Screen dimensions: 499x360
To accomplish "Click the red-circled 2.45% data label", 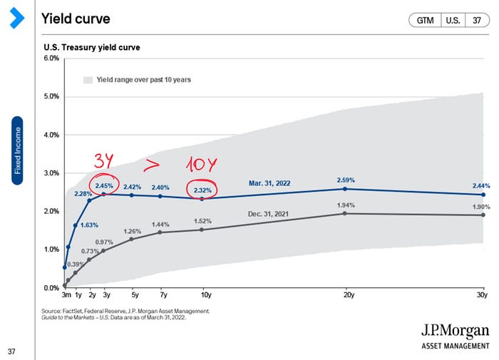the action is coord(104,185).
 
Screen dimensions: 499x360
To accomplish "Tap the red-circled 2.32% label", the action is coord(202,190).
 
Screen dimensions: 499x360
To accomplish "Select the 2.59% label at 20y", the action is coord(346,180).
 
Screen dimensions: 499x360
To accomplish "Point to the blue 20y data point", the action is coord(345,189).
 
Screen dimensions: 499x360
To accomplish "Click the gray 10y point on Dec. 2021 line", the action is coord(202,230).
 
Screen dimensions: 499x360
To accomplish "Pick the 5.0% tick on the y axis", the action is coord(51,96).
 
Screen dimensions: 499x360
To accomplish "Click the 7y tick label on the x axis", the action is coord(163,295).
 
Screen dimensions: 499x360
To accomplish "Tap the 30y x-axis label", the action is coord(482,295).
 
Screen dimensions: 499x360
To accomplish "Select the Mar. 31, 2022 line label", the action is coord(269,183).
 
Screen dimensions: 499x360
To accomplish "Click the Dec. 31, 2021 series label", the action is coord(268,214).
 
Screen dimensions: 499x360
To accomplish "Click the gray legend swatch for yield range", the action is coord(88,80).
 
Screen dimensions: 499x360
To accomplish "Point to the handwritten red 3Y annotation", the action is coord(104,160).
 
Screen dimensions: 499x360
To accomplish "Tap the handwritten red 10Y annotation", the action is coord(201,164).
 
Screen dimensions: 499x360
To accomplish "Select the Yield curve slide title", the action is coord(76,19).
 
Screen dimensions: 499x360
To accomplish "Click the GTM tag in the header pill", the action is coord(425,21).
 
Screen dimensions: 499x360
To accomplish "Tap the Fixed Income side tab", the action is coord(17,150).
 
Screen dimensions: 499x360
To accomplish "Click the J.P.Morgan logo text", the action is coord(456,331).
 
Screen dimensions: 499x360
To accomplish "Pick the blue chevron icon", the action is coord(17,18).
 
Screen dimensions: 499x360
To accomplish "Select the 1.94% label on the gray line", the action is coord(346,205).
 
